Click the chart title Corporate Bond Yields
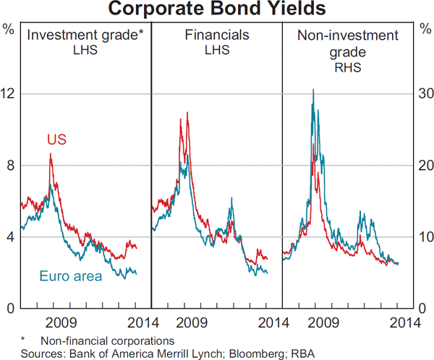[217, 10]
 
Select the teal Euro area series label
[70, 276]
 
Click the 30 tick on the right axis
[423, 94]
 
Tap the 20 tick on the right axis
[423, 166]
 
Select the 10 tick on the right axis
[423, 237]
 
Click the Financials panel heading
[216, 34]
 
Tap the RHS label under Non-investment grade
[348, 70]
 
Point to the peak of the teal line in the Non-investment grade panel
[312, 90]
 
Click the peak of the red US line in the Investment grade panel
[50, 154]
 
